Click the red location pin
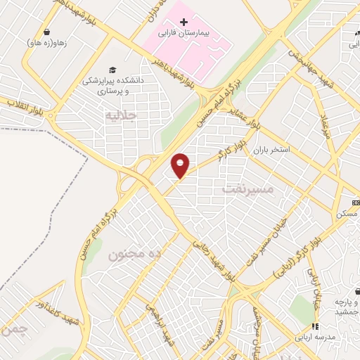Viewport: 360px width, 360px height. click(x=181, y=165)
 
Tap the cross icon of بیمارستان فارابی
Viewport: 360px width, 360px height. click(x=184, y=22)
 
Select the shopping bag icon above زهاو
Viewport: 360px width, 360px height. click(x=46, y=32)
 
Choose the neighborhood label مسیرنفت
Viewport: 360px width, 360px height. click(x=245, y=188)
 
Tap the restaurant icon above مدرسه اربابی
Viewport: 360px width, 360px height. click(x=316, y=326)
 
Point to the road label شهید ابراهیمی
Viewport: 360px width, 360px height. click(x=160, y=323)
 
